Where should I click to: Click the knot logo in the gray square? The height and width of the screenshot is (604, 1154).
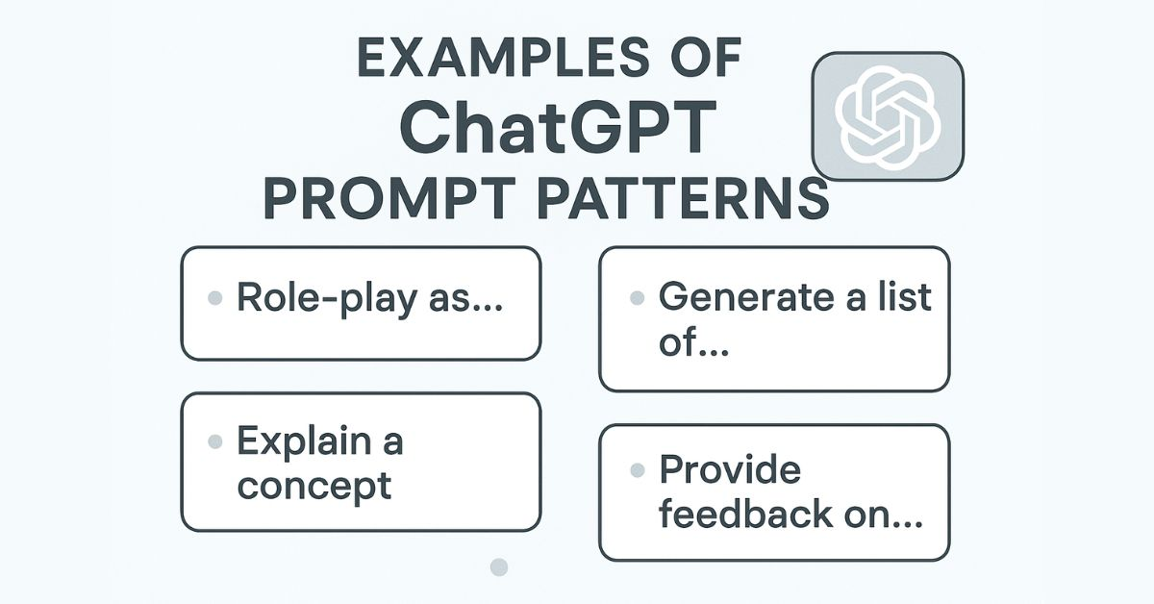[x=887, y=116]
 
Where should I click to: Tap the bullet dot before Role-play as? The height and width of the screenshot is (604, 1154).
[x=215, y=298]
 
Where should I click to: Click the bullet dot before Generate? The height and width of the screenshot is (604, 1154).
[x=636, y=298]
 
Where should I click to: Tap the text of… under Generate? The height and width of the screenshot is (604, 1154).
[x=692, y=344]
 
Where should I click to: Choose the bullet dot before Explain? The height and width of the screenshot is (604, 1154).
[x=215, y=442]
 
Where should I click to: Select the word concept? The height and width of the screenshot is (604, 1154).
[x=314, y=485]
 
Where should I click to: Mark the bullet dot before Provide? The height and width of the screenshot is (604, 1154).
[x=636, y=471]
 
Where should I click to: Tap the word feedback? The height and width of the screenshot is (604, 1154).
[x=744, y=515]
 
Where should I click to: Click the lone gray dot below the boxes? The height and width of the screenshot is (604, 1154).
[x=498, y=566]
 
